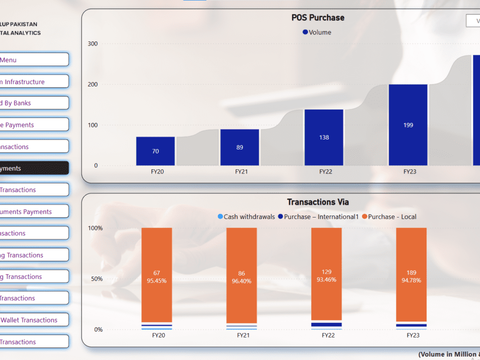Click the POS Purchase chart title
[x=318, y=17]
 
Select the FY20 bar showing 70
[x=155, y=151]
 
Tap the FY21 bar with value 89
[x=239, y=147]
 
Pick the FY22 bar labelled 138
[x=324, y=137]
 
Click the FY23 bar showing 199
[x=408, y=125]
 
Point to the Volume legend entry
[x=316, y=32]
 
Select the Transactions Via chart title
[x=318, y=202]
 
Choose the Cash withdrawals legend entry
[x=246, y=216]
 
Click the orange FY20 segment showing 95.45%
[x=156, y=276]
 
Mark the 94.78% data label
[x=411, y=280]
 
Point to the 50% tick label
[x=95, y=278]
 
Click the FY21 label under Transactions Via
[x=243, y=335]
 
